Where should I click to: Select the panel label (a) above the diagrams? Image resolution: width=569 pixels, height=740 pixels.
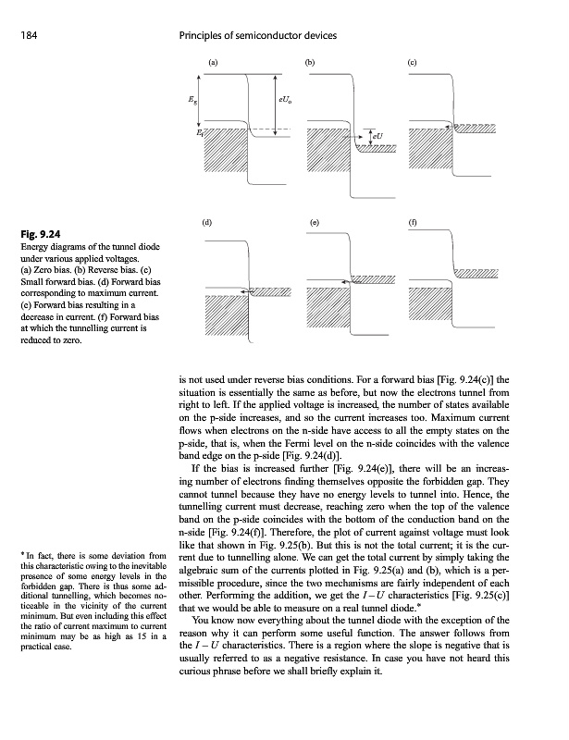coord(212,62)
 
